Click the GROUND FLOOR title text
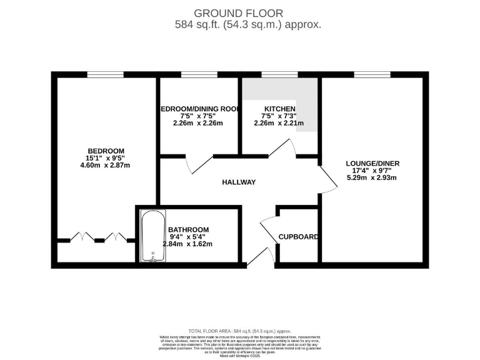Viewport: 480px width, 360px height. click(239, 12)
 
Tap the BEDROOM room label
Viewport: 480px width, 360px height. click(106, 151)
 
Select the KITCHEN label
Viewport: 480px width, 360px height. click(279, 109)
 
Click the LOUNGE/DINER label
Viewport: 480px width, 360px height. click(372, 164)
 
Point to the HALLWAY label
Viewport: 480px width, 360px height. click(239, 182)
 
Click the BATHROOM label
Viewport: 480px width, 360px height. click(189, 230)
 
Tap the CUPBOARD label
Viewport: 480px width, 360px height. click(299, 237)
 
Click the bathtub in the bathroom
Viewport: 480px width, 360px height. click(151, 236)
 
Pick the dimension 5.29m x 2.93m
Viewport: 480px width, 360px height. click(372, 178)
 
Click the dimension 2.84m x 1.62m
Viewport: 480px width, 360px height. click(187, 244)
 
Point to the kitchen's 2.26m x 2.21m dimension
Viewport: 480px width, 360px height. click(279, 123)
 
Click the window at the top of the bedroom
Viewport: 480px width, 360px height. click(105, 75)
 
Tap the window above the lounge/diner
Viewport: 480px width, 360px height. click(372, 75)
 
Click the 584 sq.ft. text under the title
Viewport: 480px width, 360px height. click(248, 25)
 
